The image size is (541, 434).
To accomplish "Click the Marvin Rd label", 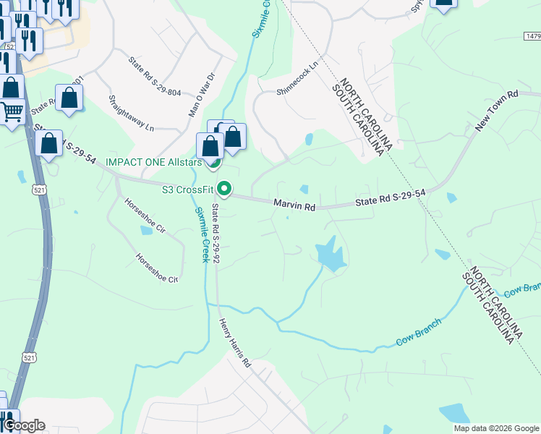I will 294,206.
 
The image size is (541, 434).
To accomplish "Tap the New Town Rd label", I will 498,111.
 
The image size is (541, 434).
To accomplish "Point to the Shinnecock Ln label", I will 297,78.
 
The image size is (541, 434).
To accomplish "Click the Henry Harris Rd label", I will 234,342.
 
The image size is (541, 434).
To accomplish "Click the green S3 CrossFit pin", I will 224,190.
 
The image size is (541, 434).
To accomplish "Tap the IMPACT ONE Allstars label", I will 153,161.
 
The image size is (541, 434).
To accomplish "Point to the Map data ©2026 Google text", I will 496,428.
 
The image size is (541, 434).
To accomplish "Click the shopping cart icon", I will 12,111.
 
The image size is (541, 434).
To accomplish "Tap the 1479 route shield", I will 531,35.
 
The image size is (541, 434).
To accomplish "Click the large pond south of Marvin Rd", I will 330,254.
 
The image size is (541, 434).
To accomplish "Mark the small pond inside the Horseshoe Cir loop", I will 147,231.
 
